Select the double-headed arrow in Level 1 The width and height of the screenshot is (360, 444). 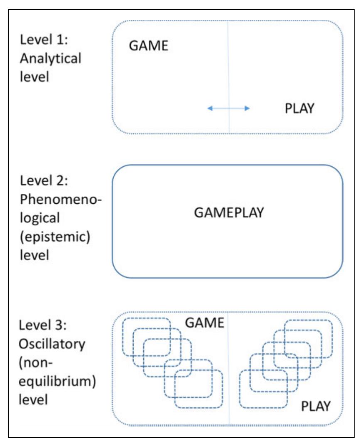228,108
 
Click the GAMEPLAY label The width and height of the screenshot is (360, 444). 228,213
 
